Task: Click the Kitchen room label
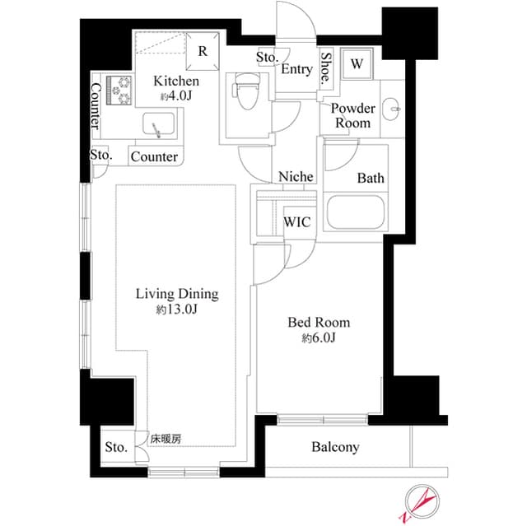(176, 81)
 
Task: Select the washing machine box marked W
(357, 63)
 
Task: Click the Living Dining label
(176, 294)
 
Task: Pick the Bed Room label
(318, 322)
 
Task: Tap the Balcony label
(335, 447)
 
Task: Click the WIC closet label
(296, 221)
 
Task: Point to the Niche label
(295, 176)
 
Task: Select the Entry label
(296, 69)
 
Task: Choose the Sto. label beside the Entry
(267, 58)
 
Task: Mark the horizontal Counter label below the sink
(154, 156)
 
